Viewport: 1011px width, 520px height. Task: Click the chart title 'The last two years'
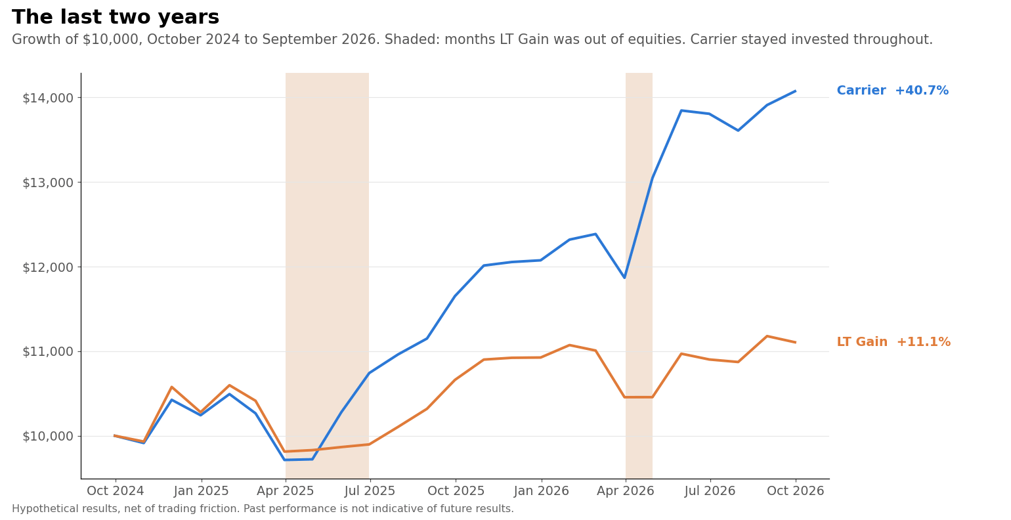click(116, 17)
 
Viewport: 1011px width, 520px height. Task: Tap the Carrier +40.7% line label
click(893, 91)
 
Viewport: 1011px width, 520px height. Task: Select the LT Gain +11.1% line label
click(893, 342)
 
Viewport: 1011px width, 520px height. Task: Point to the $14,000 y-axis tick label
click(48, 98)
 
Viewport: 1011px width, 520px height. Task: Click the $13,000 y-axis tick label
click(48, 183)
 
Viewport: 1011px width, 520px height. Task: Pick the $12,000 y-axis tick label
click(48, 267)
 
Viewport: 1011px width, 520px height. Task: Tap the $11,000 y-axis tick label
click(48, 352)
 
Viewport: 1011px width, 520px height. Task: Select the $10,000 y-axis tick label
click(48, 437)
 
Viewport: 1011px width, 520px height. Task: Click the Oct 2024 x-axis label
click(116, 490)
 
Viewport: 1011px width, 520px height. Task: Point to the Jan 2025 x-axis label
click(202, 490)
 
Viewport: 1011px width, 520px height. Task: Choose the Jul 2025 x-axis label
click(370, 490)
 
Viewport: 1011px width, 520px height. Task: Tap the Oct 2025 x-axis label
click(456, 490)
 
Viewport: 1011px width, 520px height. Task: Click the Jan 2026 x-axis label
click(541, 490)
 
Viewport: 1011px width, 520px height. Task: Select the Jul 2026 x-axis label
click(710, 490)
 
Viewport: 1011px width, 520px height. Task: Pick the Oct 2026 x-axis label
click(796, 490)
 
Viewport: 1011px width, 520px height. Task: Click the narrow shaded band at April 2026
click(639, 275)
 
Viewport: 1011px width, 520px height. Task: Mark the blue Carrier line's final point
click(795, 91)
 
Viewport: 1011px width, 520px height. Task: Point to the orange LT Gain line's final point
click(795, 342)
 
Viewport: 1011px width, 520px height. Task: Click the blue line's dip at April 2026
click(625, 278)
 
